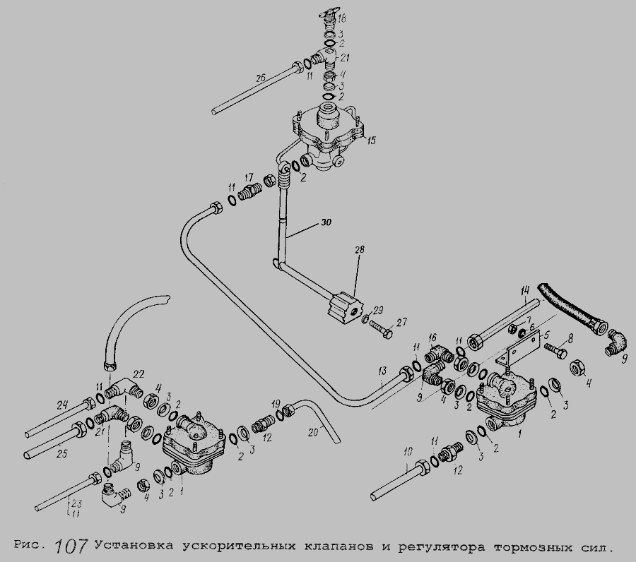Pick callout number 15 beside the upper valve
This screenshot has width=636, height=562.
tap(371, 140)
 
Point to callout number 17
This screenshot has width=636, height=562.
tap(249, 177)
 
